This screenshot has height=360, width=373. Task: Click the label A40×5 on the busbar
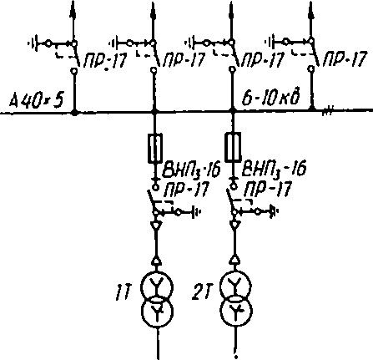(37, 100)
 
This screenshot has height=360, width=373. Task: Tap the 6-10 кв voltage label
(271, 97)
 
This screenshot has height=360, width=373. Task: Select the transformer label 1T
(123, 294)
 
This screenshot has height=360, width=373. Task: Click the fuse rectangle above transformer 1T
(154, 148)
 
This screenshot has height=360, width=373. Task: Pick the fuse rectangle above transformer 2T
(233, 147)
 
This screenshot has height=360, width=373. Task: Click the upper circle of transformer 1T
(157, 286)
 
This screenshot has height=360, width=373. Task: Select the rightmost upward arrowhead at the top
(311, 10)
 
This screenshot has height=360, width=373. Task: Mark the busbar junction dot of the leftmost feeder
(74, 113)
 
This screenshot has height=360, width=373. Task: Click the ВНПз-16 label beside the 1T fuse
(191, 170)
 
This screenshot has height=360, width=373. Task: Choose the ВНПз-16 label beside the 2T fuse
(274, 169)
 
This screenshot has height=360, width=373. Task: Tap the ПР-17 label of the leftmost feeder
(106, 60)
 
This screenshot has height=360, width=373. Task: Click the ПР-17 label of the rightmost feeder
(345, 58)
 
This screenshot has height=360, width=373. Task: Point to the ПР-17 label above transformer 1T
(186, 190)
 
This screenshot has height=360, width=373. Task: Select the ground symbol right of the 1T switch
(196, 212)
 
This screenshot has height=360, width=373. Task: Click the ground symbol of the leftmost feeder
(33, 43)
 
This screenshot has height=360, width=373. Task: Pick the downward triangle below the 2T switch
(235, 225)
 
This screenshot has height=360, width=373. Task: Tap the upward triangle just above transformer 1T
(156, 261)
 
